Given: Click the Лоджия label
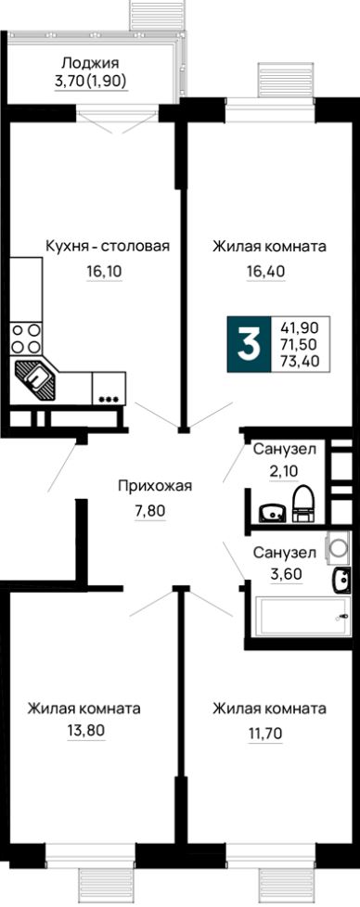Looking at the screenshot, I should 90,63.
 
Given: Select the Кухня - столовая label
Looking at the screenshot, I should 108,246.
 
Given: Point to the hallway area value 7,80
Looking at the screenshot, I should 148,509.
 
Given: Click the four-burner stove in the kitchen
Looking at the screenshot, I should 26,339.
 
